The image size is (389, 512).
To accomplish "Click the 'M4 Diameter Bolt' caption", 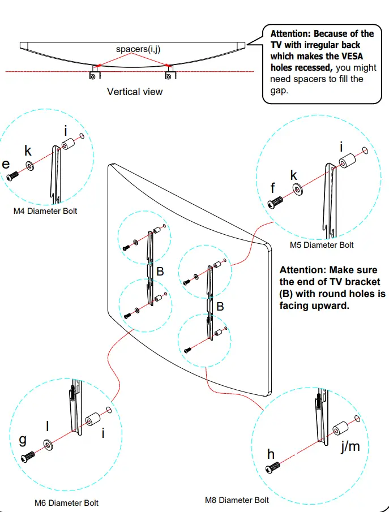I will pyautogui.click(x=45, y=211).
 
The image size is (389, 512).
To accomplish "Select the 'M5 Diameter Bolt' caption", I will pyautogui.click(x=322, y=245).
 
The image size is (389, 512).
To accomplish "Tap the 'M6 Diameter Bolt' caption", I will pyautogui.click(x=66, y=503).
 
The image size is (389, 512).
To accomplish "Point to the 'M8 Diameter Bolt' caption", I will pyautogui.click(x=237, y=500).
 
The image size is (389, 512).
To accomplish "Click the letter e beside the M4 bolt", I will pyautogui.click(x=6, y=164).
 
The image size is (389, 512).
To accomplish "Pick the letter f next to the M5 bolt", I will pyautogui.click(x=273, y=187).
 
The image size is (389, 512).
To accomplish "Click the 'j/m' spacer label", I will pyautogui.click(x=350, y=446).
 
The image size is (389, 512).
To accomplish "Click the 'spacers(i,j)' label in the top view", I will pyautogui.click(x=138, y=49).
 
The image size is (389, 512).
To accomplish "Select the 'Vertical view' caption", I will pyautogui.click(x=135, y=91).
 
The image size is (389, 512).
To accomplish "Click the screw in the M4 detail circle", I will pyautogui.click(x=13, y=176).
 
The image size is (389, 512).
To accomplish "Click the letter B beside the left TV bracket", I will pyautogui.click(x=160, y=272).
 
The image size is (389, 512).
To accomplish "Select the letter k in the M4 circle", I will pyautogui.click(x=28, y=151).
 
